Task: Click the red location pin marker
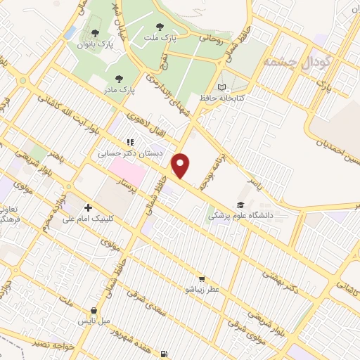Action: click(x=181, y=166)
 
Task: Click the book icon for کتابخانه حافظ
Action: click(x=223, y=87)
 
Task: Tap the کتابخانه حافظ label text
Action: click(x=240, y=98)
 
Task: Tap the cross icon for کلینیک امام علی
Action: click(x=88, y=207)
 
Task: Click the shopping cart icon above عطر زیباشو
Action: click(x=202, y=278)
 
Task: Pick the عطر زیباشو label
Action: click(x=202, y=289)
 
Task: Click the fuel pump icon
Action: click(x=164, y=354)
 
